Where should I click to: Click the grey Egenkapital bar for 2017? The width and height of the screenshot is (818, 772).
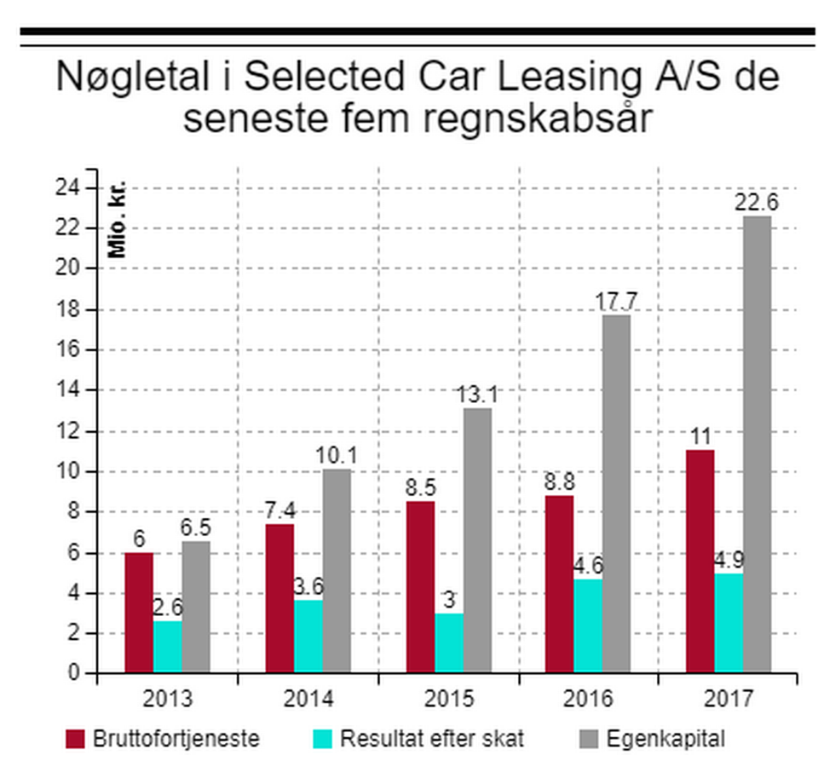pyautogui.click(x=757, y=444)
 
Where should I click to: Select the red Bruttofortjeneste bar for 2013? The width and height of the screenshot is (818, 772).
pyautogui.click(x=139, y=613)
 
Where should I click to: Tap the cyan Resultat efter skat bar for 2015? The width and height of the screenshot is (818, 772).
pyautogui.click(x=449, y=642)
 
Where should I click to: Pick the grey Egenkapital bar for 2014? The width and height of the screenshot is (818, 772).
pyautogui.click(x=337, y=571)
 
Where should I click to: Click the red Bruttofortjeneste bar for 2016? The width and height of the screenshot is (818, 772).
pyautogui.click(x=560, y=584)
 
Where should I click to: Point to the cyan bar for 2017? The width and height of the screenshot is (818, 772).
pyautogui.click(x=729, y=623)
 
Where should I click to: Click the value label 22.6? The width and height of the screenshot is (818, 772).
pyautogui.click(x=757, y=204)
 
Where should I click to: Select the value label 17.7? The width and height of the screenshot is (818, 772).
pyautogui.click(x=616, y=302)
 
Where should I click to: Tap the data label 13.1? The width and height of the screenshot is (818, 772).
pyautogui.click(x=477, y=395)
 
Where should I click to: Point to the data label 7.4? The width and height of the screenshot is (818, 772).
pyautogui.click(x=280, y=511)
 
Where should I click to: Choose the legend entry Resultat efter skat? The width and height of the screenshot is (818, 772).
pyautogui.click(x=432, y=738)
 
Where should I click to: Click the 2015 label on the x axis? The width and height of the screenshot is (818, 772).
pyautogui.click(x=449, y=699)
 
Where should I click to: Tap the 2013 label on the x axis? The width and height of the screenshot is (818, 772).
pyautogui.click(x=168, y=699)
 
